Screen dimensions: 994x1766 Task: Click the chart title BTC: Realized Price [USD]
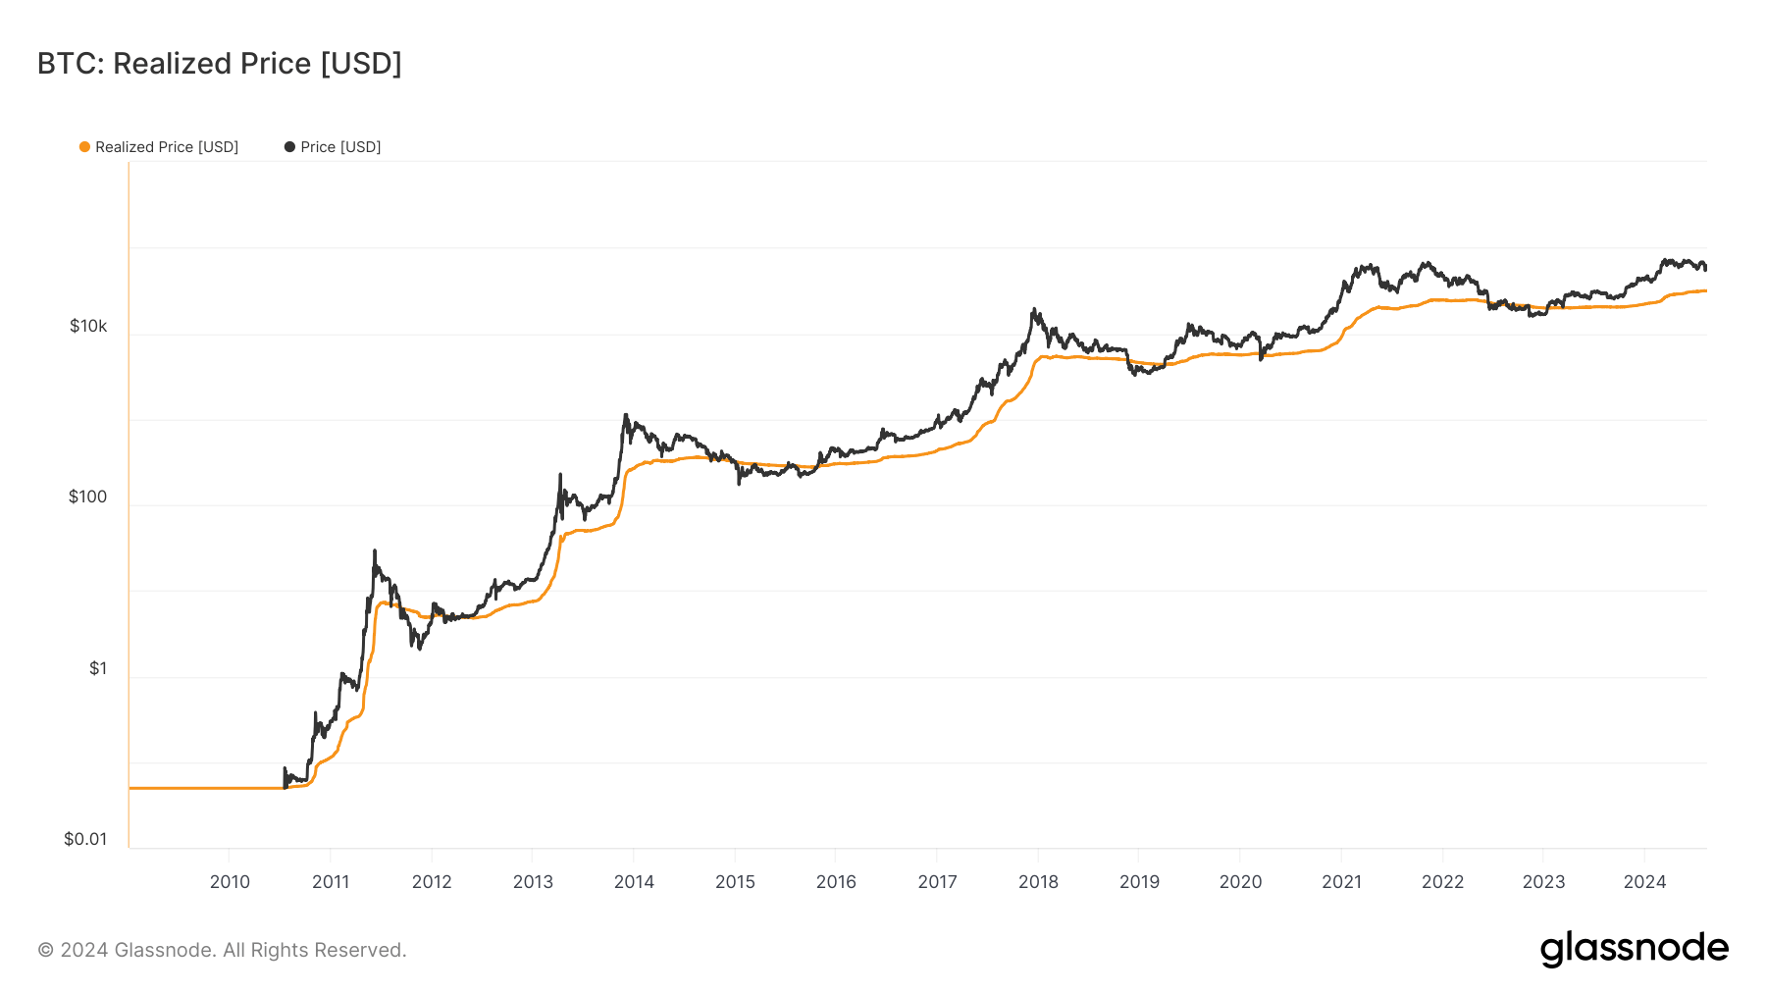click(220, 64)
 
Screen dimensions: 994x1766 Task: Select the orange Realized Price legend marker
click(84, 147)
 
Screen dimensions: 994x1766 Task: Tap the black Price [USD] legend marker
click(289, 147)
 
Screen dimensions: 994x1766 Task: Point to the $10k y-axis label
click(88, 326)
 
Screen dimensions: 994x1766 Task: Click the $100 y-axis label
click(87, 497)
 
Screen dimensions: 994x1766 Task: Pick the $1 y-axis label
click(98, 668)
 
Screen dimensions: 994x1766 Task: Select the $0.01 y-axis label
click(85, 839)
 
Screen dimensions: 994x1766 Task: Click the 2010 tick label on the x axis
click(230, 881)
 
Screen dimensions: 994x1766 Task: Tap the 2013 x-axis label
click(533, 881)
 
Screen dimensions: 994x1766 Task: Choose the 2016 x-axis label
click(836, 881)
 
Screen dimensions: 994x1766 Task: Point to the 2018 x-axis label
click(1038, 881)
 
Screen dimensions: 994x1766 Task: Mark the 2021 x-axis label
click(1341, 881)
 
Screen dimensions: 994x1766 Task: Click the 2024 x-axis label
click(1644, 881)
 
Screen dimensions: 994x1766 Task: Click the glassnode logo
click(1634, 949)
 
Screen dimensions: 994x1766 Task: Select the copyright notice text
click(222, 950)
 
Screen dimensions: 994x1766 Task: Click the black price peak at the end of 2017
click(1034, 310)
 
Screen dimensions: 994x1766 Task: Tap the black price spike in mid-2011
click(375, 551)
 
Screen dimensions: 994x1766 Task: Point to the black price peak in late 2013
click(625, 415)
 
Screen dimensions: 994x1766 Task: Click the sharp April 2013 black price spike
click(560, 475)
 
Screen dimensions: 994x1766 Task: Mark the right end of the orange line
click(1705, 290)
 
